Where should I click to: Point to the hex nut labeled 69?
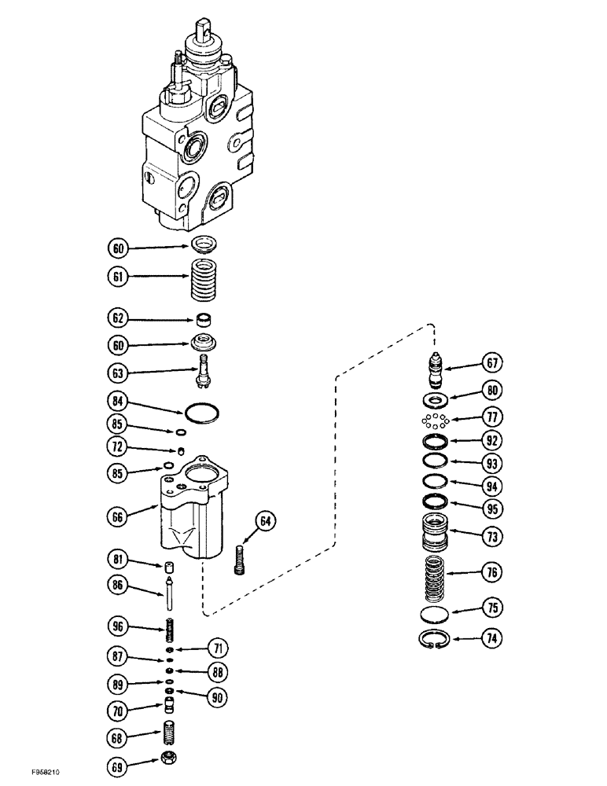170,762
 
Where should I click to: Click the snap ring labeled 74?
436,641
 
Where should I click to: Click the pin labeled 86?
169,589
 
